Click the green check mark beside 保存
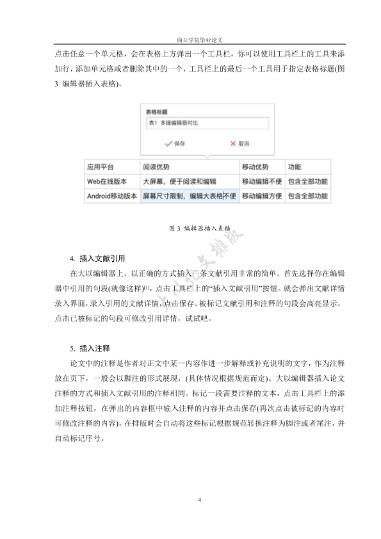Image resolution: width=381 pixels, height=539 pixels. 168,144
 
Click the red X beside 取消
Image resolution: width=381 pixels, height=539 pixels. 233,144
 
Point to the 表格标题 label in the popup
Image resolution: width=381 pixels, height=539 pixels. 157,111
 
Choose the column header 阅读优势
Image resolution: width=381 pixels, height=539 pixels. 157,167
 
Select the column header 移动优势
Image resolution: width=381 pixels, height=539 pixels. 255,167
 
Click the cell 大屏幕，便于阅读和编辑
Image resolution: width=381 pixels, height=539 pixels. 179,181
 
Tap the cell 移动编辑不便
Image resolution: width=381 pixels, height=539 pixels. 261,181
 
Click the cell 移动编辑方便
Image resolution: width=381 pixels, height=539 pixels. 261,196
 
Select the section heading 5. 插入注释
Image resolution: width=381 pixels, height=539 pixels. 90,349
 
